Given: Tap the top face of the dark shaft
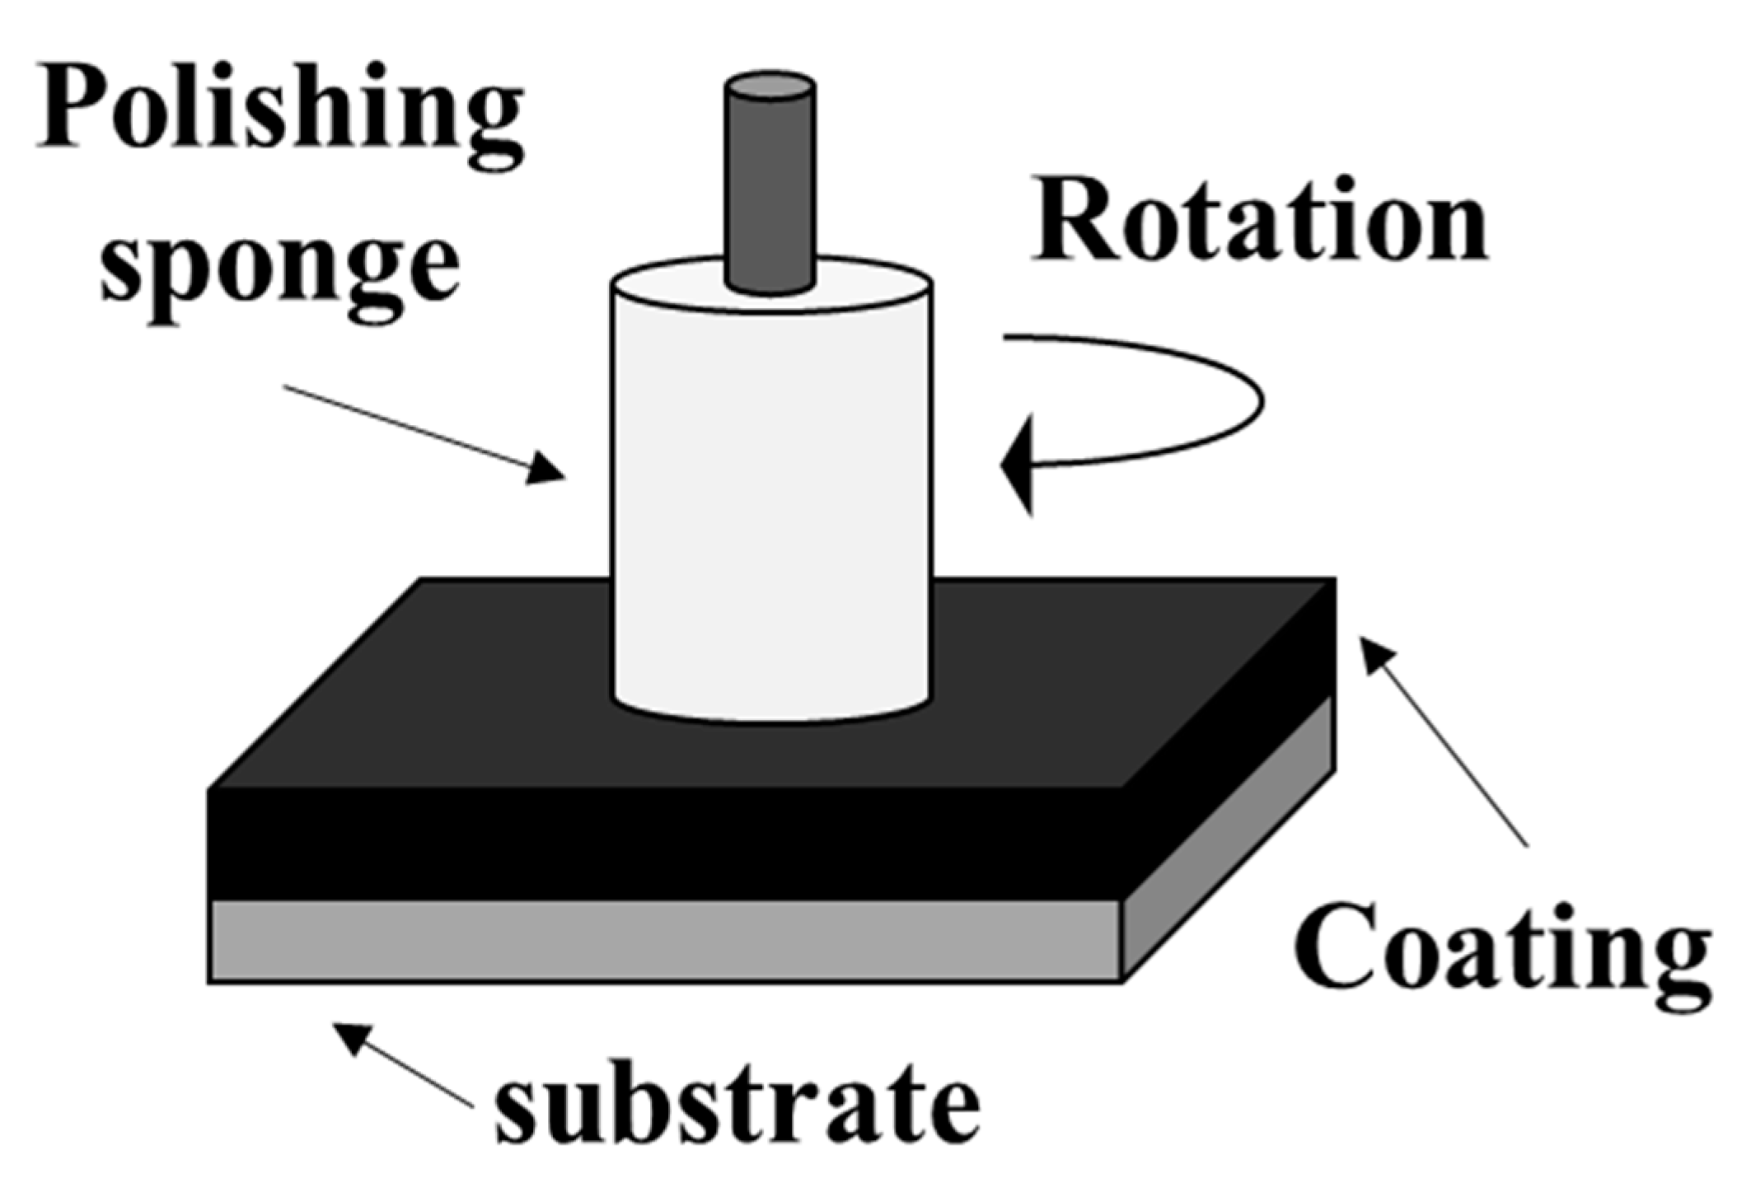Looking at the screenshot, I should (770, 86).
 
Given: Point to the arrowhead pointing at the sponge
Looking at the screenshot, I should (545, 470).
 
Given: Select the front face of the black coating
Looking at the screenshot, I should (659, 844).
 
